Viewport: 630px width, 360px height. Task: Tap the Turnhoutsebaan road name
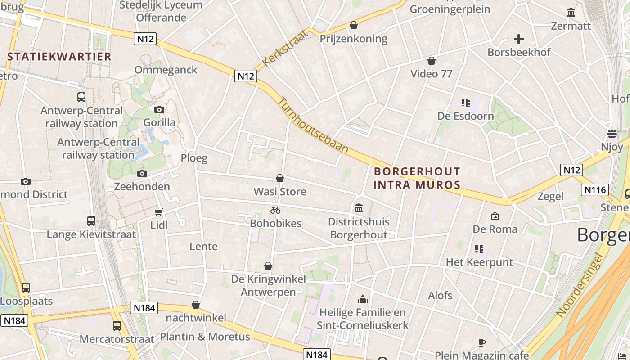click(313, 125)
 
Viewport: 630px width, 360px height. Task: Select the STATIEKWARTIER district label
click(59, 57)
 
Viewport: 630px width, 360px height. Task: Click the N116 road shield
click(594, 190)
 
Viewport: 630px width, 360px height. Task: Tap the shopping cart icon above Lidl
click(158, 212)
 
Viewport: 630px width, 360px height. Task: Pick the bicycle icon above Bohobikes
click(275, 210)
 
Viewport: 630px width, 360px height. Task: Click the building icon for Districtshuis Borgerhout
click(359, 208)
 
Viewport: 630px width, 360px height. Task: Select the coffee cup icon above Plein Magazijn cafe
click(481, 342)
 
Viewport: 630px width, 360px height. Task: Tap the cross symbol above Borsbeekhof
click(519, 39)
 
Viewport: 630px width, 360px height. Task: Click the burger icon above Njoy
click(612, 133)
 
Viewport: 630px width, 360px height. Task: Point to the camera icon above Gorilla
click(159, 109)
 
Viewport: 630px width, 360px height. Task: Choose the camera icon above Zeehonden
click(142, 173)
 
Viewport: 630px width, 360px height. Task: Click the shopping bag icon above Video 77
click(431, 61)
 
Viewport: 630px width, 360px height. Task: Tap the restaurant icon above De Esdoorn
click(466, 103)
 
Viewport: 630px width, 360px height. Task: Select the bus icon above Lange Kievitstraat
click(91, 221)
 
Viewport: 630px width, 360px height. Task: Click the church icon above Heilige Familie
click(362, 299)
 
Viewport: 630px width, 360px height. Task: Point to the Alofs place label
click(440, 296)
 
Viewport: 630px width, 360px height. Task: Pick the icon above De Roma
click(495, 216)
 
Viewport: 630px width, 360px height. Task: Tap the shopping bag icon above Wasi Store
click(280, 179)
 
